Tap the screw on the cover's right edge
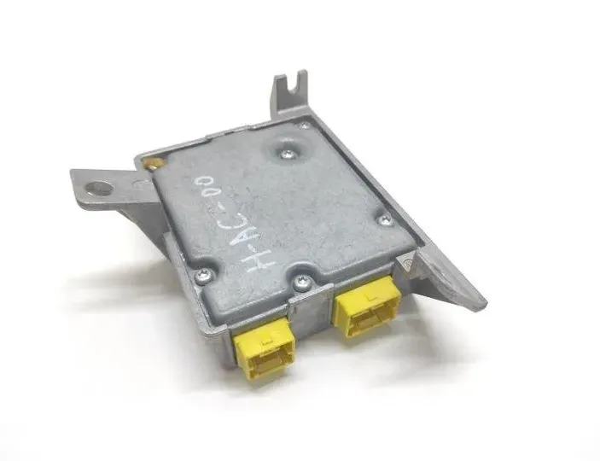pos(384,220)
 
